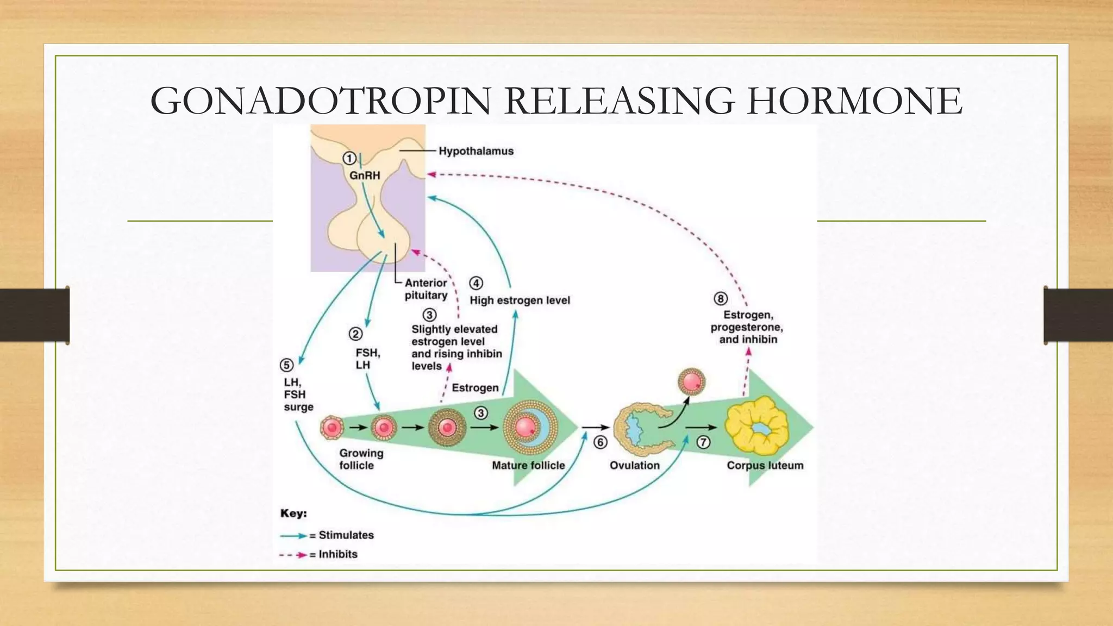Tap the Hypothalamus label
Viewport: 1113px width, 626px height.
(x=476, y=151)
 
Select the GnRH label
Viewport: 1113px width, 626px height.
(x=365, y=176)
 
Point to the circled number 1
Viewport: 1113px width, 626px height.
(x=349, y=159)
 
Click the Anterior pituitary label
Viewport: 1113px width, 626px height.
(x=426, y=289)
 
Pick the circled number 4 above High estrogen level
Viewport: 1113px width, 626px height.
(x=476, y=283)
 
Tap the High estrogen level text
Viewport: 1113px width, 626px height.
(x=520, y=301)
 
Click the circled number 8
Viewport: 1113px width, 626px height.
(x=720, y=298)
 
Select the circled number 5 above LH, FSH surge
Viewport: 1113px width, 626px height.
(x=286, y=365)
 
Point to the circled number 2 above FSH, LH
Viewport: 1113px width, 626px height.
(x=355, y=334)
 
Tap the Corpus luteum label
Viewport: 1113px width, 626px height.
(x=765, y=466)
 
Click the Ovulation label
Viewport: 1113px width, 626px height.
(x=634, y=466)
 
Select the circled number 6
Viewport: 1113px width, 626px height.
(x=600, y=442)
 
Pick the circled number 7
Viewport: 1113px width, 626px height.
(x=703, y=442)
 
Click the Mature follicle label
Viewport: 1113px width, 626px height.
(x=528, y=466)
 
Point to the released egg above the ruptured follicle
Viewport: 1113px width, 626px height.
(x=692, y=381)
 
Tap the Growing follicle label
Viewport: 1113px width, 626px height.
(x=361, y=459)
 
